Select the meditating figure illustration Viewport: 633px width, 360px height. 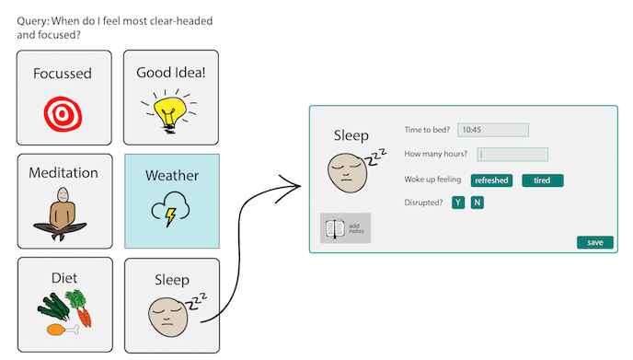(x=63, y=213)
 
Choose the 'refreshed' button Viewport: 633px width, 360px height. (x=491, y=180)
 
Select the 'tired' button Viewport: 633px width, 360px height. (x=542, y=180)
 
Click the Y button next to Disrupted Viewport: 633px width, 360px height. (x=458, y=203)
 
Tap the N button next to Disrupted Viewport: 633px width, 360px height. (x=477, y=203)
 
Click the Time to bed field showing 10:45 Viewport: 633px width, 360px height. (x=492, y=130)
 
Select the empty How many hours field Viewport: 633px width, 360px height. (x=512, y=155)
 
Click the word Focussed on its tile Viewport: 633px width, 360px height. (x=63, y=73)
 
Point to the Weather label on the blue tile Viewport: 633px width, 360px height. (x=172, y=175)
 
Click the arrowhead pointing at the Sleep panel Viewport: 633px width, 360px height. (x=297, y=188)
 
